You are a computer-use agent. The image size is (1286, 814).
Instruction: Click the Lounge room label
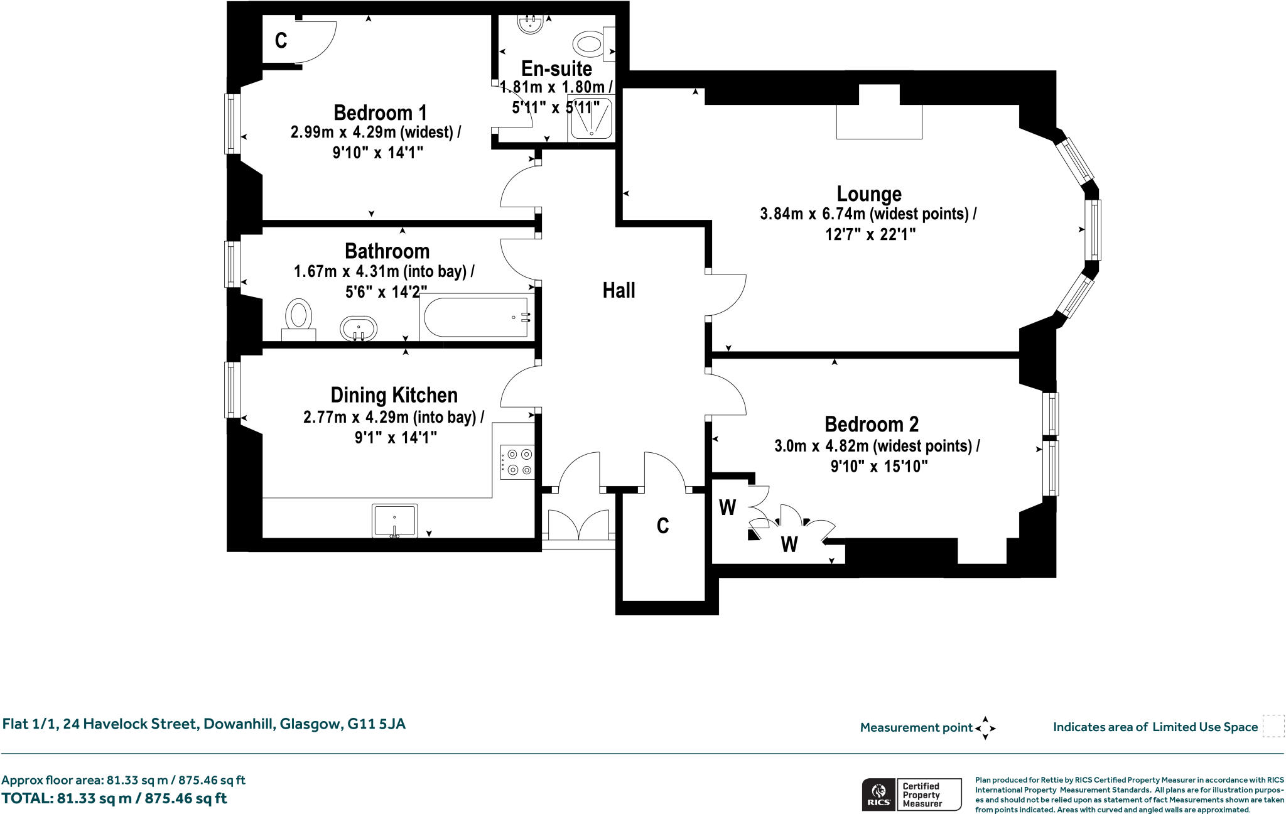[x=869, y=194]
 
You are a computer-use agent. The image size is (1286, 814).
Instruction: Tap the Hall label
[x=619, y=290]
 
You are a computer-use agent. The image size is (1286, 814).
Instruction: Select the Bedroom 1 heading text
[x=380, y=113]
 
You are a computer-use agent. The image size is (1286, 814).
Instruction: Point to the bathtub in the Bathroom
[x=476, y=317]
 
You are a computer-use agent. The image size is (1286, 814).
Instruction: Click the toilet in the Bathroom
[x=299, y=319]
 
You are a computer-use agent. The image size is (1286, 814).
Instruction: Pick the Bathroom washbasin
[x=359, y=328]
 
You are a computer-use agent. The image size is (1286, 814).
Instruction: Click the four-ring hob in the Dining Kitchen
[x=517, y=462]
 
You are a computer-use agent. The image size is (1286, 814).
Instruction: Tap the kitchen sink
[x=394, y=521]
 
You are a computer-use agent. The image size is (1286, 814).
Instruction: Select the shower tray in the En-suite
[x=591, y=119]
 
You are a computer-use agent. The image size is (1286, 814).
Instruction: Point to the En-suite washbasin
[x=531, y=24]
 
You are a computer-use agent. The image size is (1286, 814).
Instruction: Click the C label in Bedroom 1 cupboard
[x=281, y=41]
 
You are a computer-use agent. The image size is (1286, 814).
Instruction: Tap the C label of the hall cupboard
[x=662, y=526]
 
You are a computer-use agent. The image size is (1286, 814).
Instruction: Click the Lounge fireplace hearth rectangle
[x=879, y=122]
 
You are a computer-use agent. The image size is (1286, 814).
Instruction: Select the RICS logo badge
[x=911, y=795]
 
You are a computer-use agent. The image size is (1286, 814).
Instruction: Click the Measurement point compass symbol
[x=985, y=728]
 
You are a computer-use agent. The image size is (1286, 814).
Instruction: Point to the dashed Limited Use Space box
[x=1273, y=726]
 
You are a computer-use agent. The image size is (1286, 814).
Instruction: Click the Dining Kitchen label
[x=394, y=395]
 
